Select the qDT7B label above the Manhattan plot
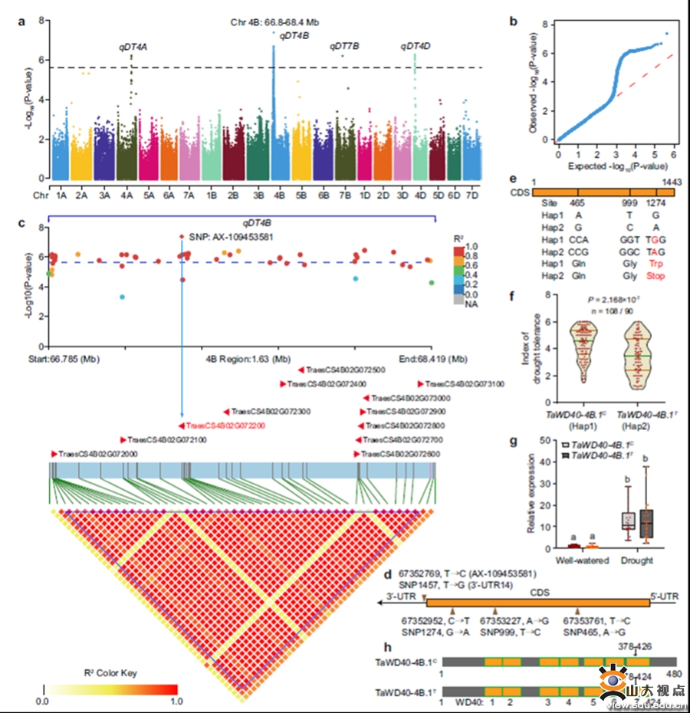[344, 47]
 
